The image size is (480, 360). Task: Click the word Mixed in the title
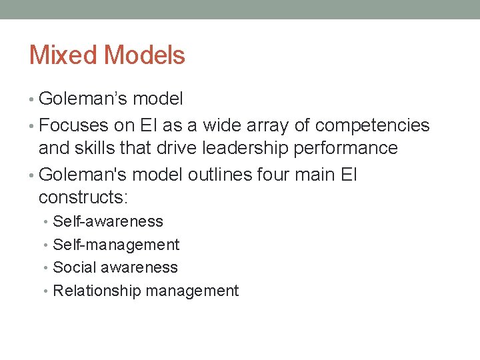point(62,55)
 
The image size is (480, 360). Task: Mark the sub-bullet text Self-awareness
point(108,221)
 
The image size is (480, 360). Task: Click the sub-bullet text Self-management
point(116,245)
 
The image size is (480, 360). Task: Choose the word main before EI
point(317,175)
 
